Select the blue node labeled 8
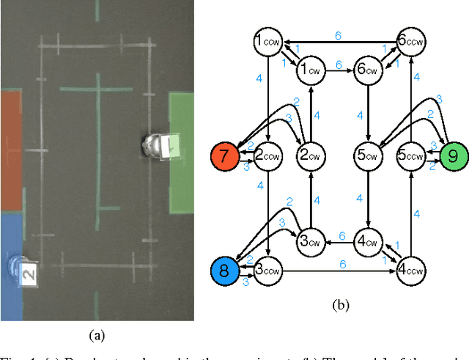point(225,270)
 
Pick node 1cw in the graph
point(309,71)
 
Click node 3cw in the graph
point(311,240)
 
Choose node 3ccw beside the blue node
point(268,270)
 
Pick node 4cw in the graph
point(369,240)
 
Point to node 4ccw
point(411,270)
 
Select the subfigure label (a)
point(97,336)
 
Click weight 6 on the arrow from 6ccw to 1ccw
point(338,35)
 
